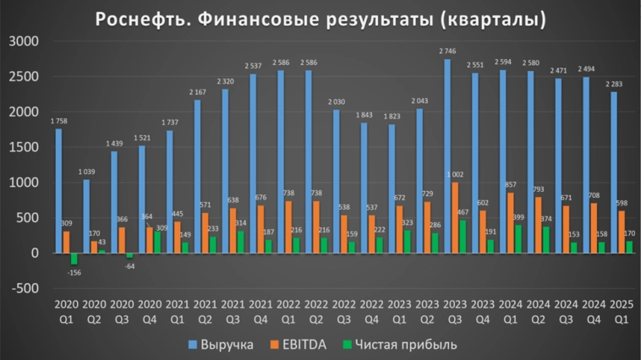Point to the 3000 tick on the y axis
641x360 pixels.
[25, 41]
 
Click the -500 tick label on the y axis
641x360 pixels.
[25, 288]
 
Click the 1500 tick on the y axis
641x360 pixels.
[25, 147]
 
